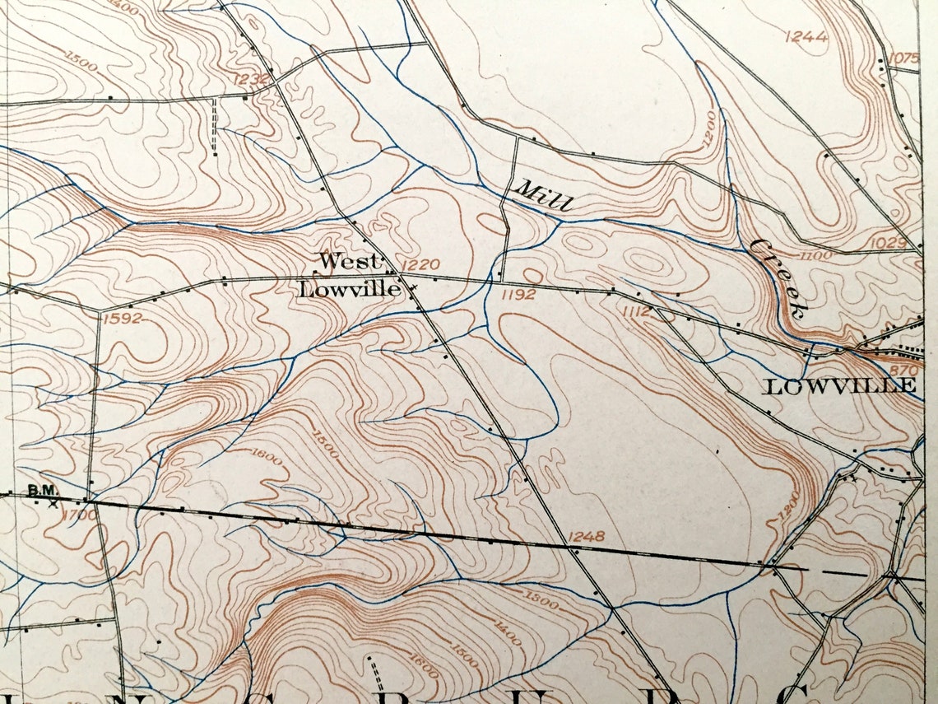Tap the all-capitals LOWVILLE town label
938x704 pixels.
pos(839,387)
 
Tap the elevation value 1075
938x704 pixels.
pos(903,57)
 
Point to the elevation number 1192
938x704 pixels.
pos(519,293)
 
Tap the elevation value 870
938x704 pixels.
pos(903,371)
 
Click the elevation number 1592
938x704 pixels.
pos(123,318)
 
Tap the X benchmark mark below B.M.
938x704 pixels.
pos(54,502)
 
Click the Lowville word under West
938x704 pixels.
pos(349,289)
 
